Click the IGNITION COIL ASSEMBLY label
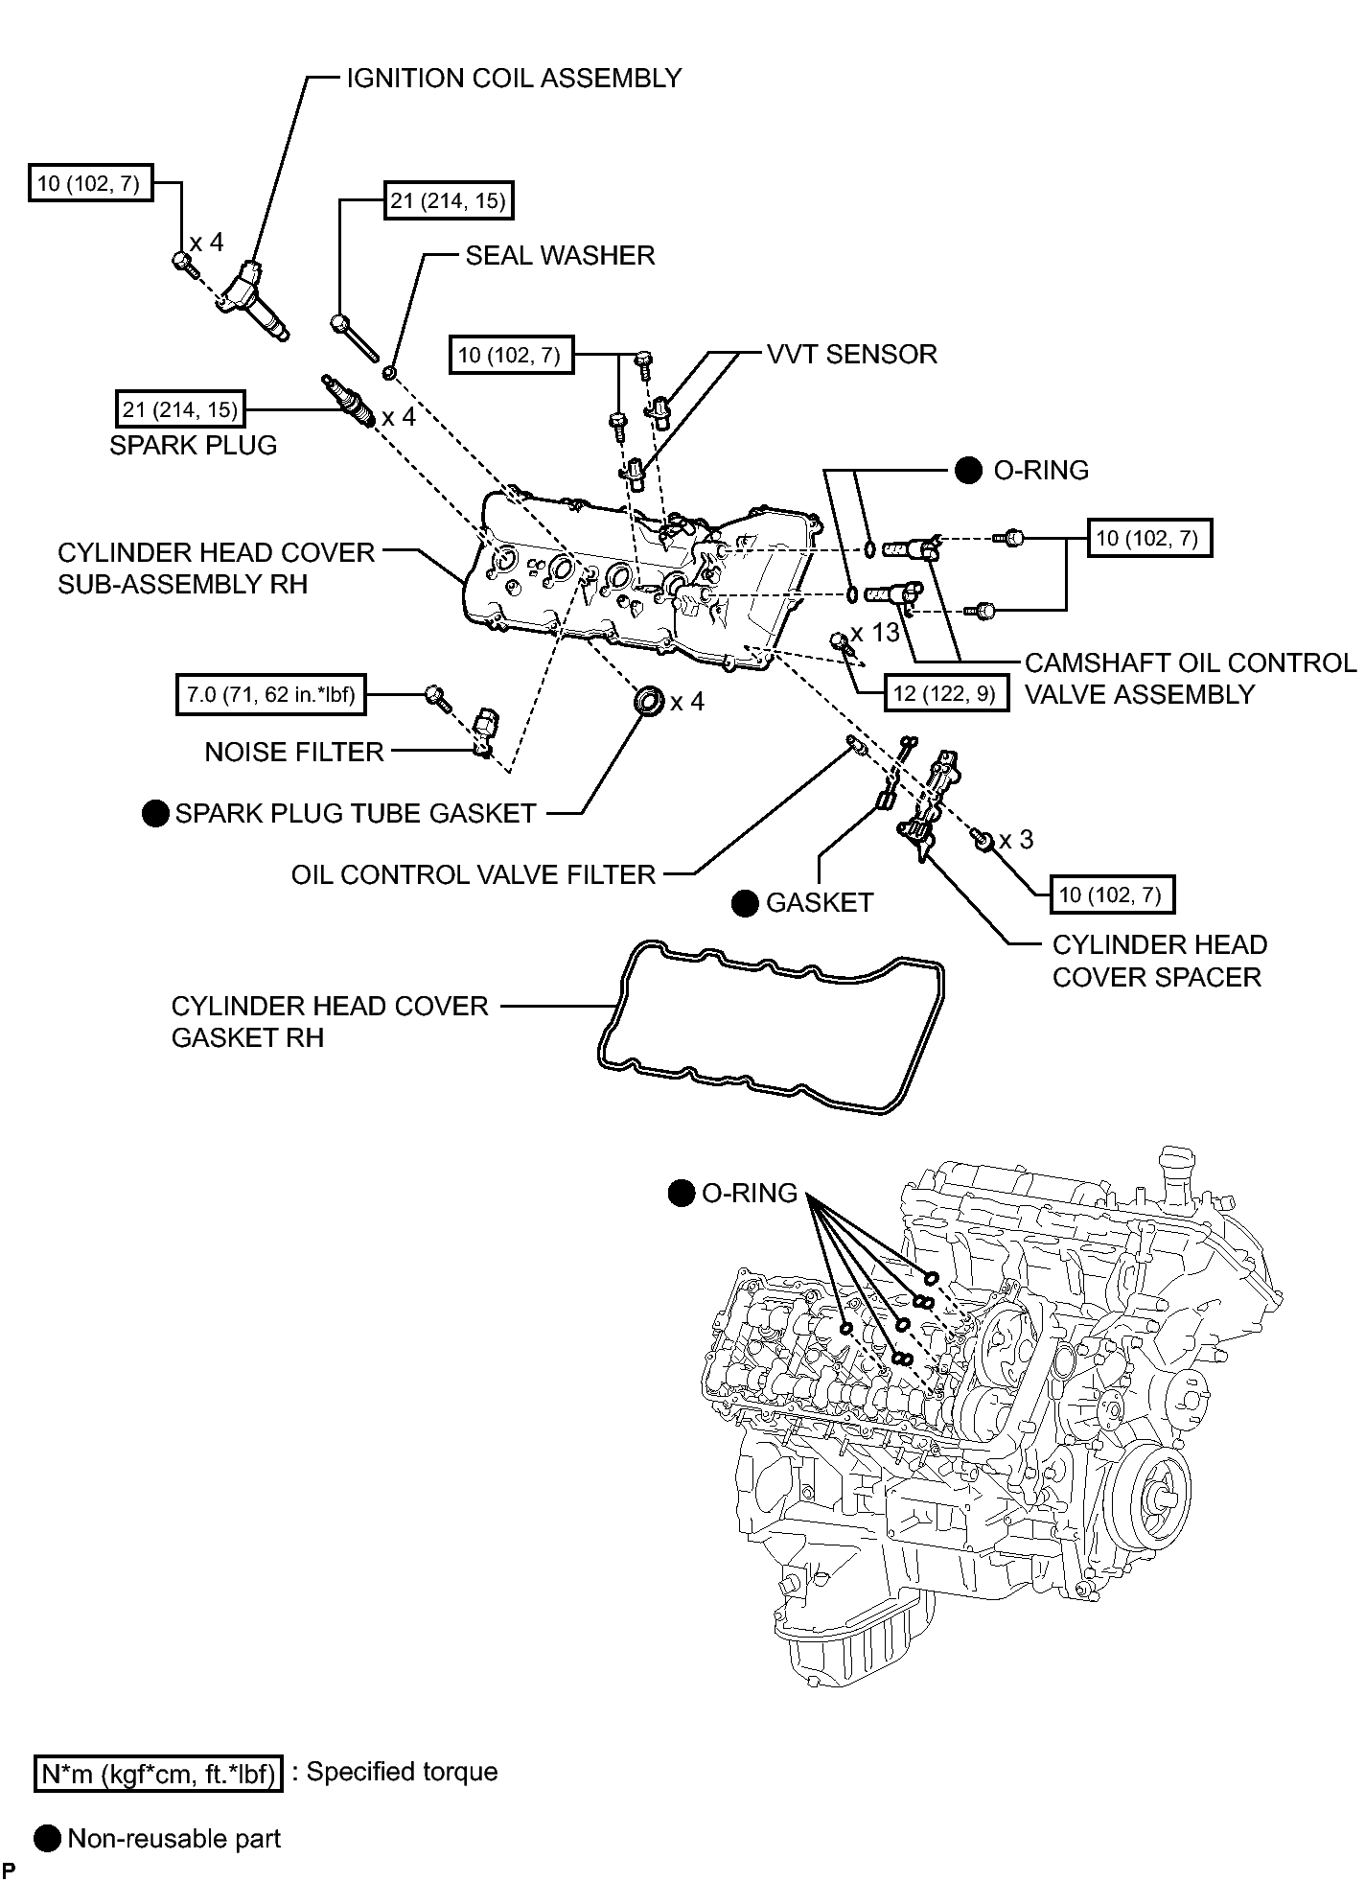514,79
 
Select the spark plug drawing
349,402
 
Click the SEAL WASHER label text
560,256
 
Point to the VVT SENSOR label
852,355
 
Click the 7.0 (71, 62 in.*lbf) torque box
270,694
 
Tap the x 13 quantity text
875,633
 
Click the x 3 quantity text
1016,840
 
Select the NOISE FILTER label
294,753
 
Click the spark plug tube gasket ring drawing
650,700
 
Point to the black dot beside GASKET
745,903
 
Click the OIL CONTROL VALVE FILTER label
474,874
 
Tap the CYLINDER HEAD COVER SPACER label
1159,962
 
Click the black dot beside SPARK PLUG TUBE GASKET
155,814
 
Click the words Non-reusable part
174,1839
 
